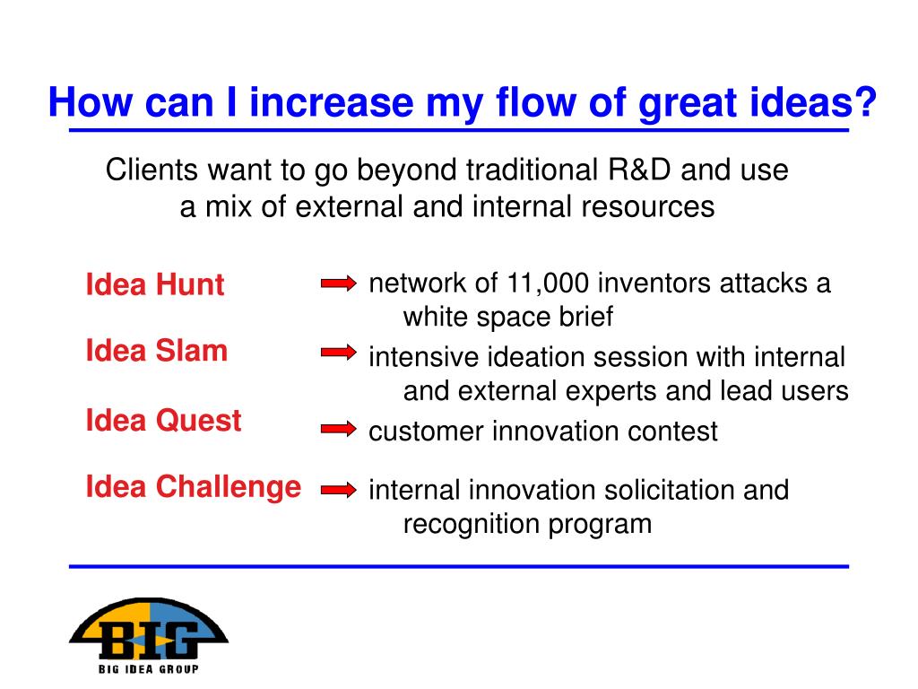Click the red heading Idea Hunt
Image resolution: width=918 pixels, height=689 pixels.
point(154,284)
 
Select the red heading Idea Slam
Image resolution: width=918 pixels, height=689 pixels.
point(156,351)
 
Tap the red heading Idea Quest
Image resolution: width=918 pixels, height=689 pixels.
point(163,421)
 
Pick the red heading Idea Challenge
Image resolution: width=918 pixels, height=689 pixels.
point(194,487)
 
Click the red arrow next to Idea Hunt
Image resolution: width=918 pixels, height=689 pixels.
point(338,283)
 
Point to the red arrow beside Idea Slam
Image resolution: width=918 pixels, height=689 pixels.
point(338,352)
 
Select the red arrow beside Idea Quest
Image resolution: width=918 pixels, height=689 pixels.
point(338,429)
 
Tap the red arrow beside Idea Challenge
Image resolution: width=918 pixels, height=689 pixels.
point(338,489)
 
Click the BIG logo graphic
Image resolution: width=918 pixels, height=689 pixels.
point(149,628)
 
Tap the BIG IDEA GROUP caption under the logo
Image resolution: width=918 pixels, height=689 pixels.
point(148,669)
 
